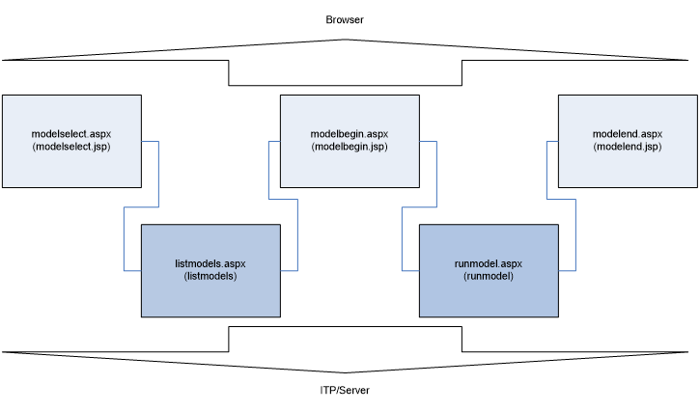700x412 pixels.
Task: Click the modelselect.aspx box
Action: [x=71, y=164]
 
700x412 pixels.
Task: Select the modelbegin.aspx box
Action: [x=350, y=164]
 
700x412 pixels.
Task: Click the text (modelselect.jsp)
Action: [x=71, y=147]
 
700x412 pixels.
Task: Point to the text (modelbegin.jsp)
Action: [x=350, y=147]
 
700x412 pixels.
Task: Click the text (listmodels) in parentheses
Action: [x=210, y=276]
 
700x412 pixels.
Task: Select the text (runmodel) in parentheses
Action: [x=489, y=276]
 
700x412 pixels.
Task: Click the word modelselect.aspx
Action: [x=71, y=133]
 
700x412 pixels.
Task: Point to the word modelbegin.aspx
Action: [x=350, y=133]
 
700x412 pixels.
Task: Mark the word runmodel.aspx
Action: [x=489, y=262]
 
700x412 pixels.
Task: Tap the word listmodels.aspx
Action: [x=210, y=262]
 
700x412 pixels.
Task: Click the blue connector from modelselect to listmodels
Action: [x=157, y=174]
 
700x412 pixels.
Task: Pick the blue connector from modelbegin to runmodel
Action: [x=435, y=174]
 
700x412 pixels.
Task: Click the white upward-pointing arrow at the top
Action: [x=346, y=63]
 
